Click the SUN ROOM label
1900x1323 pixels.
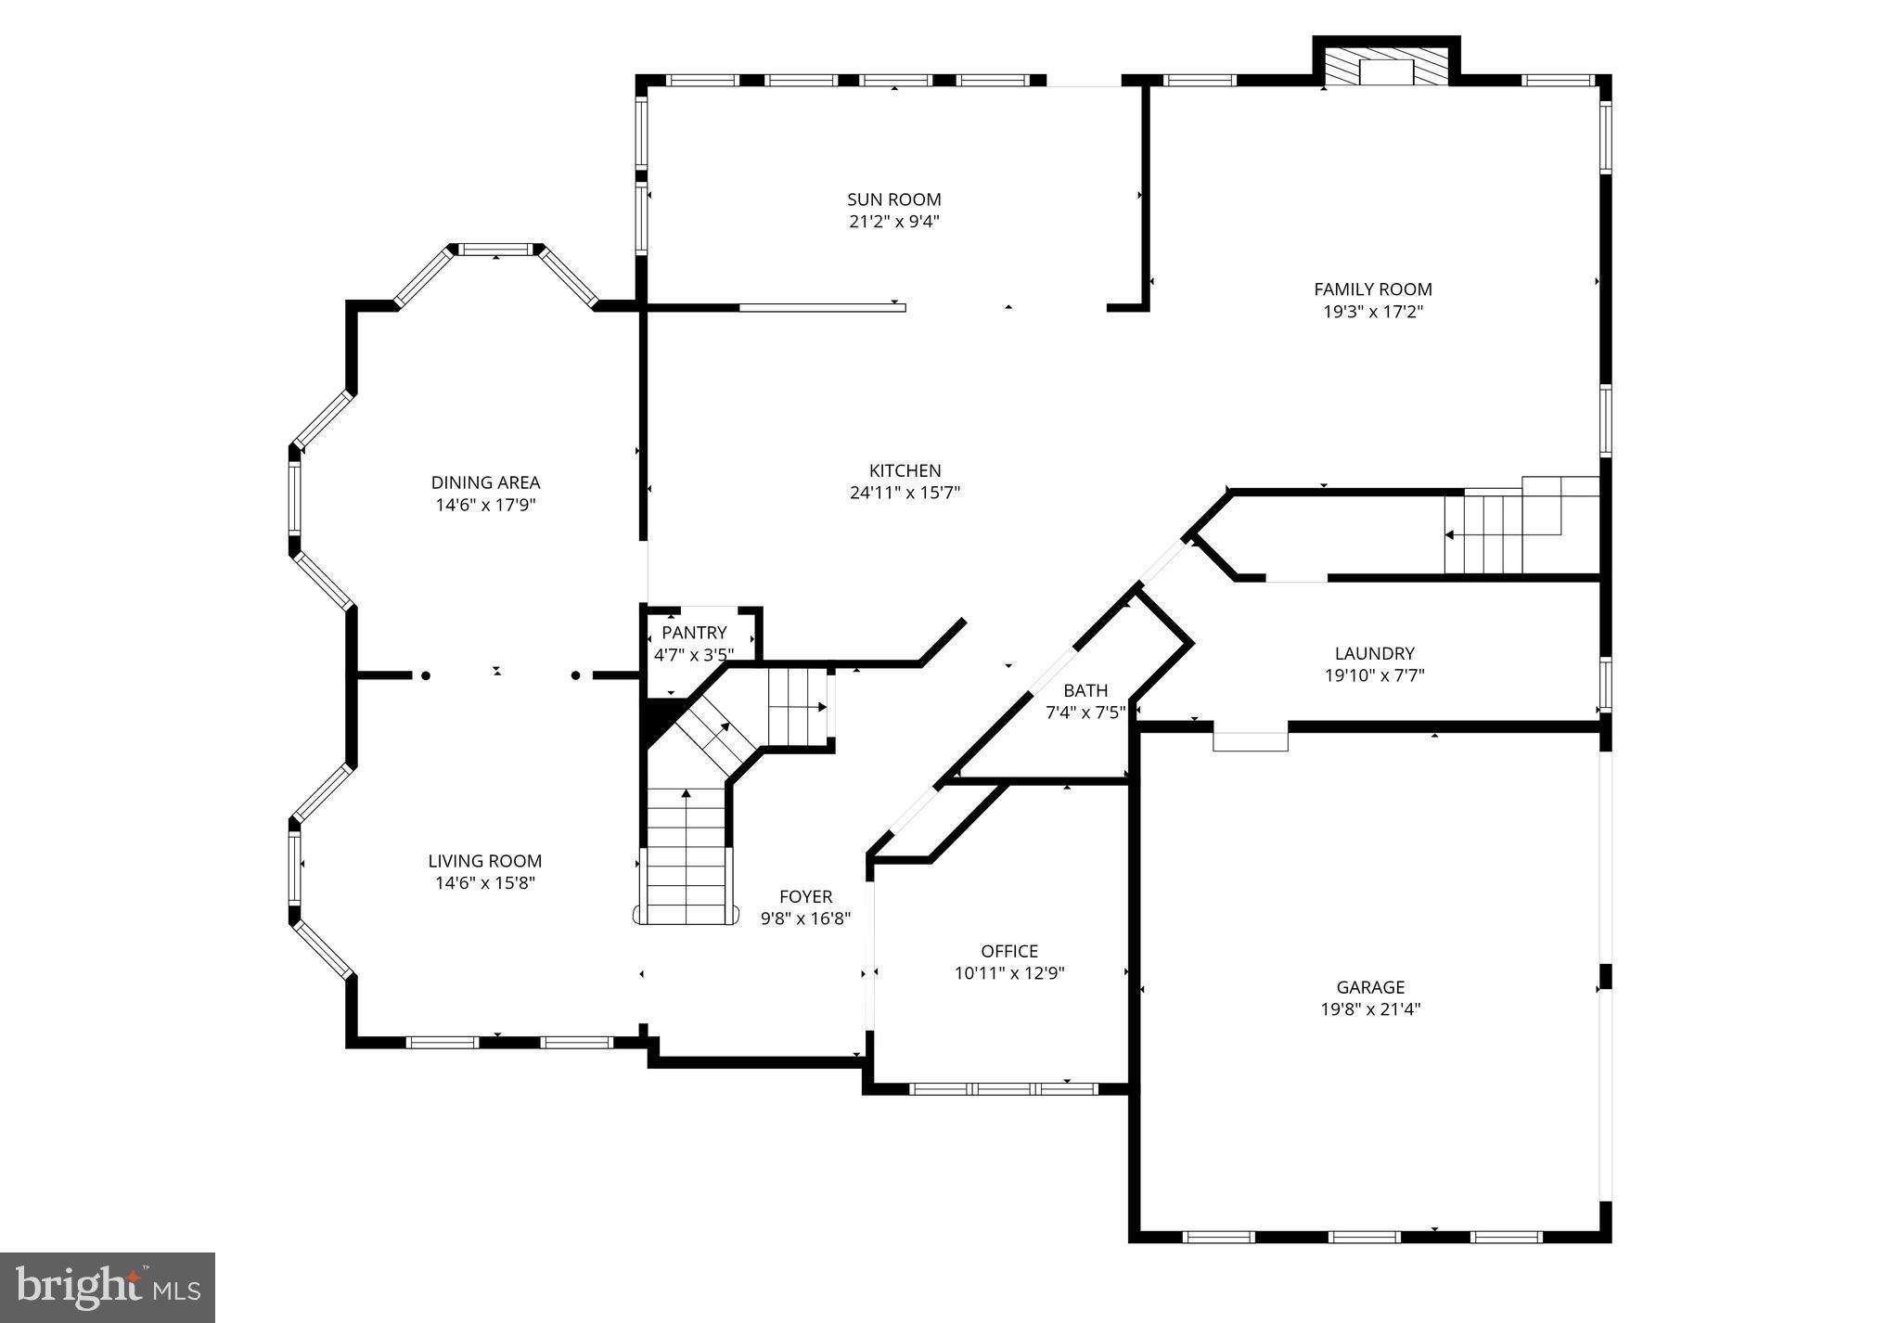(x=893, y=199)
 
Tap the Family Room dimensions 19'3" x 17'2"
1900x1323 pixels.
(x=1372, y=312)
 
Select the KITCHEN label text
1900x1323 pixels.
(x=905, y=471)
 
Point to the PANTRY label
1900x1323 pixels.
(x=694, y=633)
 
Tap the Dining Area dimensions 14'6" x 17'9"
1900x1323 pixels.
(x=485, y=506)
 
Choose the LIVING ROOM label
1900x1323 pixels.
(x=485, y=861)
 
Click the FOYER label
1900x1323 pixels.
(x=805, y=896)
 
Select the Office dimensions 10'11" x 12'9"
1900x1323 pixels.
(x=1009, y=973)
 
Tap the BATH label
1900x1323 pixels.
(x=1085, y=690)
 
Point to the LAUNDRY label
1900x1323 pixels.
(x=1374, y=653)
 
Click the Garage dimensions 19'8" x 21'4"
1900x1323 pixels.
(x=1370, y=1009)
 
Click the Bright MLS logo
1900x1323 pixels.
(x=108, y=1287)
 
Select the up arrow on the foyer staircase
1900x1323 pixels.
(x=686, y=794)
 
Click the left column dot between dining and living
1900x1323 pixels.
(x=426, y=675)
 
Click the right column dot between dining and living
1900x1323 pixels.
(x=575, y=675)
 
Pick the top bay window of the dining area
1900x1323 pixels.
(x=496, y=249)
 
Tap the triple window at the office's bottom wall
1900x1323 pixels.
(x=1003, y=1088)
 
